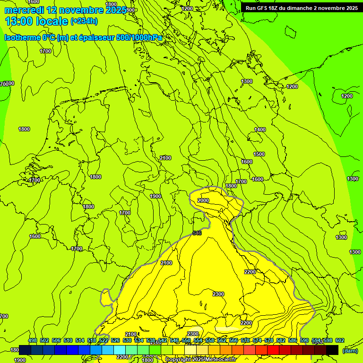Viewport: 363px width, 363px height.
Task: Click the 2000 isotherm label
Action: click(203, 200)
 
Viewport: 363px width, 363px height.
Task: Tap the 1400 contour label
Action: click(260, 130)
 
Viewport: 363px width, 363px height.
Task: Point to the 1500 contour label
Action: click(259, 154)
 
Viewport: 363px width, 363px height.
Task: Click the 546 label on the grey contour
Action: click(198, 233)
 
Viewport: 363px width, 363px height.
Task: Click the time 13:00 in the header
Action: click(19, 21)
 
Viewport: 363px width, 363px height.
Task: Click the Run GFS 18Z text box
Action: click(300, 8)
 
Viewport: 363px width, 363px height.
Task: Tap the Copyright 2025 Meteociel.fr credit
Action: click(201, 359)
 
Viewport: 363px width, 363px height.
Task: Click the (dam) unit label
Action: click(350, 351)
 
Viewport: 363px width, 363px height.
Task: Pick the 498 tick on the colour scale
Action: click(33, 340)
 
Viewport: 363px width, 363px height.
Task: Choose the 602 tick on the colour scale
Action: click(340, 340)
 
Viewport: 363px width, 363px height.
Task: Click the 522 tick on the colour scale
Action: click(104, 340)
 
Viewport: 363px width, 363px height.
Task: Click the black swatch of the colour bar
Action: click(332, 350)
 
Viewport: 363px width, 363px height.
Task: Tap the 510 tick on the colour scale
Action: click(68, 340)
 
